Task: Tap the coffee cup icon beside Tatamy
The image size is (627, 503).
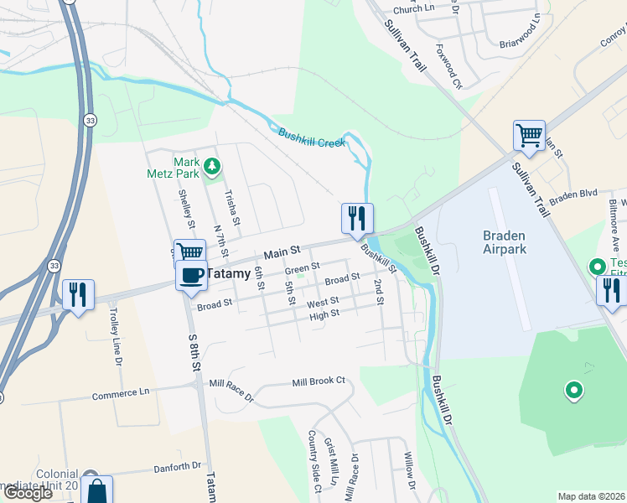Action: (x=191, y=274)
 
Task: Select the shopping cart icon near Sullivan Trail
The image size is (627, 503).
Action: (x=529, y=134)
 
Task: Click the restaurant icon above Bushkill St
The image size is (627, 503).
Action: (x=357, y=218)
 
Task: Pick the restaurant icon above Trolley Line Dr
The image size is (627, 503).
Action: (x=79, y=294)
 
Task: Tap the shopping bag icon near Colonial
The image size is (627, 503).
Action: (x=98, y=490)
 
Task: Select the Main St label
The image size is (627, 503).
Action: (x=282, y=251)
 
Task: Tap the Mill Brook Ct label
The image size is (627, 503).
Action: (x=319, y=381)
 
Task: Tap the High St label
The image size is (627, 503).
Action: (x=324, y=315)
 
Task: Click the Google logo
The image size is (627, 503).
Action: (x=28, y=493)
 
